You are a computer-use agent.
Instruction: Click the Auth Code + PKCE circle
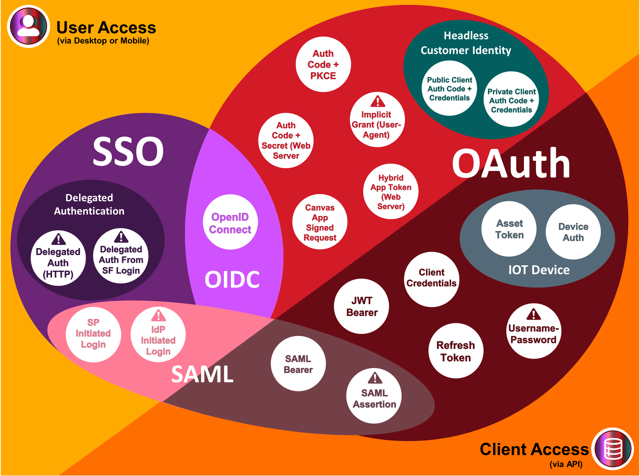(x=323, y=64)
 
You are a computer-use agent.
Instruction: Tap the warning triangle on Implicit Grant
(x=378, y=102)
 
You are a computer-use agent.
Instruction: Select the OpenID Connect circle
(x=230, y=222)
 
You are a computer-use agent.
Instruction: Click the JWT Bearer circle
(x=361, y=306)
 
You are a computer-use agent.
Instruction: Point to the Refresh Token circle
(x=456, y=351)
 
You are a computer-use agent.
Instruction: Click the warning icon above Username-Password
(x=534, y=314)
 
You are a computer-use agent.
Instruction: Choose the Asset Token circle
(x=509, y=229)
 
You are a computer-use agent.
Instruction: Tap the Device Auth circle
(x=573, y=232)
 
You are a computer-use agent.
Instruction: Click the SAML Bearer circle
(x=298, y=364)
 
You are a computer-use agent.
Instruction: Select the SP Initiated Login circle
(x=93, y=334)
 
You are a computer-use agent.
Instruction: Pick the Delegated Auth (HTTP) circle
(x=58, y=259)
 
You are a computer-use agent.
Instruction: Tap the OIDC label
(x=232, y=279)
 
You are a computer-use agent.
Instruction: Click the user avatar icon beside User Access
(x=28, y=27)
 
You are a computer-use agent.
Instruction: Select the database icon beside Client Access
(x=613, y=449)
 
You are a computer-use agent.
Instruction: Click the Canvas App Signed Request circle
(x=320, y=222)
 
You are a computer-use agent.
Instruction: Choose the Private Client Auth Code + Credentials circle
(x=511, y=99)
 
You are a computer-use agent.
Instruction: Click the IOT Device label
(x=538, y=270)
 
